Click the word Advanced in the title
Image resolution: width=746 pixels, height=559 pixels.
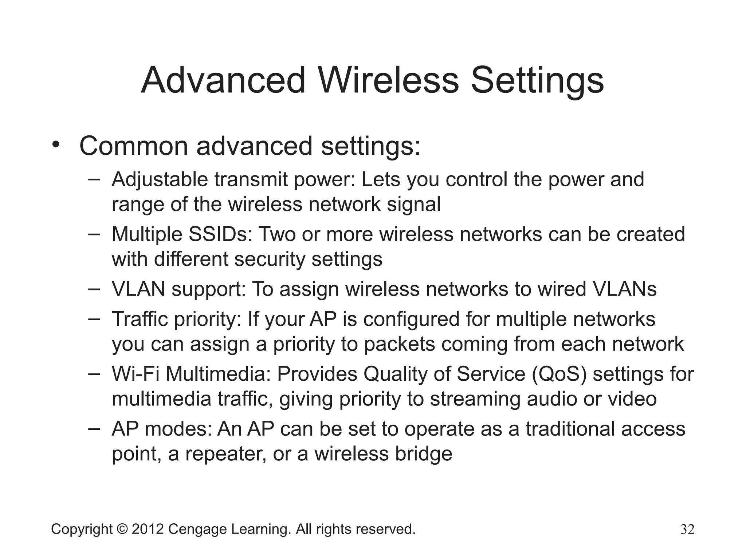pyautogui.click(x=223, y=80)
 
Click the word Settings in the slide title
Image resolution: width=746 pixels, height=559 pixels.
pyautogui.click(x=537, y=80)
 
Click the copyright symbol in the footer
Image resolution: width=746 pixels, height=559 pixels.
pyautogui.click(x=122, y=529)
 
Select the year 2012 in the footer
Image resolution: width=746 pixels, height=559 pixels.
pyautogui.click(x=148, y=529)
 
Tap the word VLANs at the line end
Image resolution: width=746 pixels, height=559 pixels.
pyautogui.click(x=625, y=289)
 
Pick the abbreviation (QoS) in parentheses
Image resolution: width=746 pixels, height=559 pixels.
pyautogui.click(x=559, y=374)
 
